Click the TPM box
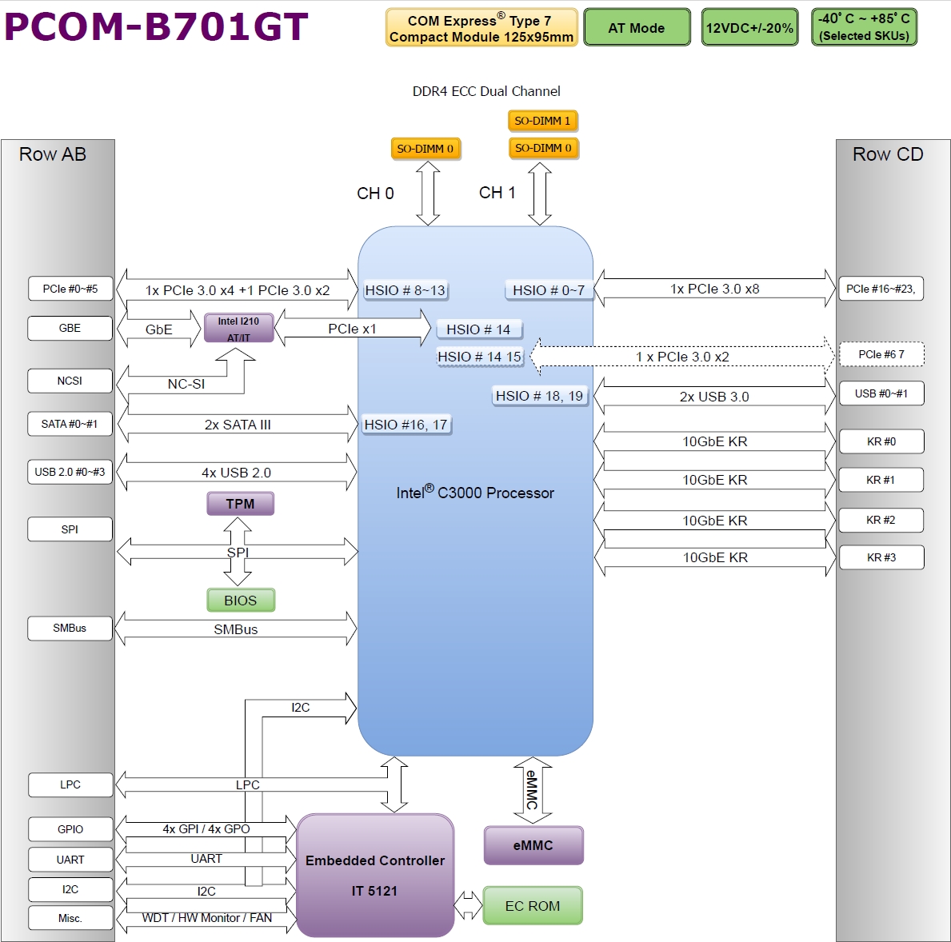pos(240,504)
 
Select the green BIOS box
pos(241,600)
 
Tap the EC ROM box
pos(533,905)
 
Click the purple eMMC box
pos(533,845)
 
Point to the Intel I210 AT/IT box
pos(239,328)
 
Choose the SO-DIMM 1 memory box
pos(542,121)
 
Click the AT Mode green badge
pos(637,27)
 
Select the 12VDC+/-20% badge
pos(749,27)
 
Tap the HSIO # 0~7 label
pos(548,290)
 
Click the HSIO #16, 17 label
pos(406,425)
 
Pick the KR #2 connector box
pos(881,520)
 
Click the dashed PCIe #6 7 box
pos(881,354)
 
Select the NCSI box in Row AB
pos(70,381)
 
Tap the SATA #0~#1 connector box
pos(70,424)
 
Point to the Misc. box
pos(70,918)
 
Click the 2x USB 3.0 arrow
pos(714,397)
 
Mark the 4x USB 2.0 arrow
pos(237,472)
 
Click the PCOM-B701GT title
pos(157,26)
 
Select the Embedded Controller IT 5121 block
pos(375,876)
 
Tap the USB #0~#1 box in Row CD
pos(881,393)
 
